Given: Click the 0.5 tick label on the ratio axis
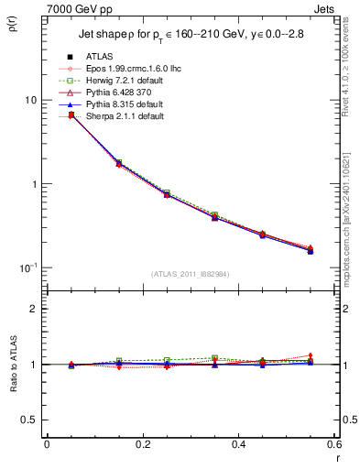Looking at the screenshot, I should coord(27,420).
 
